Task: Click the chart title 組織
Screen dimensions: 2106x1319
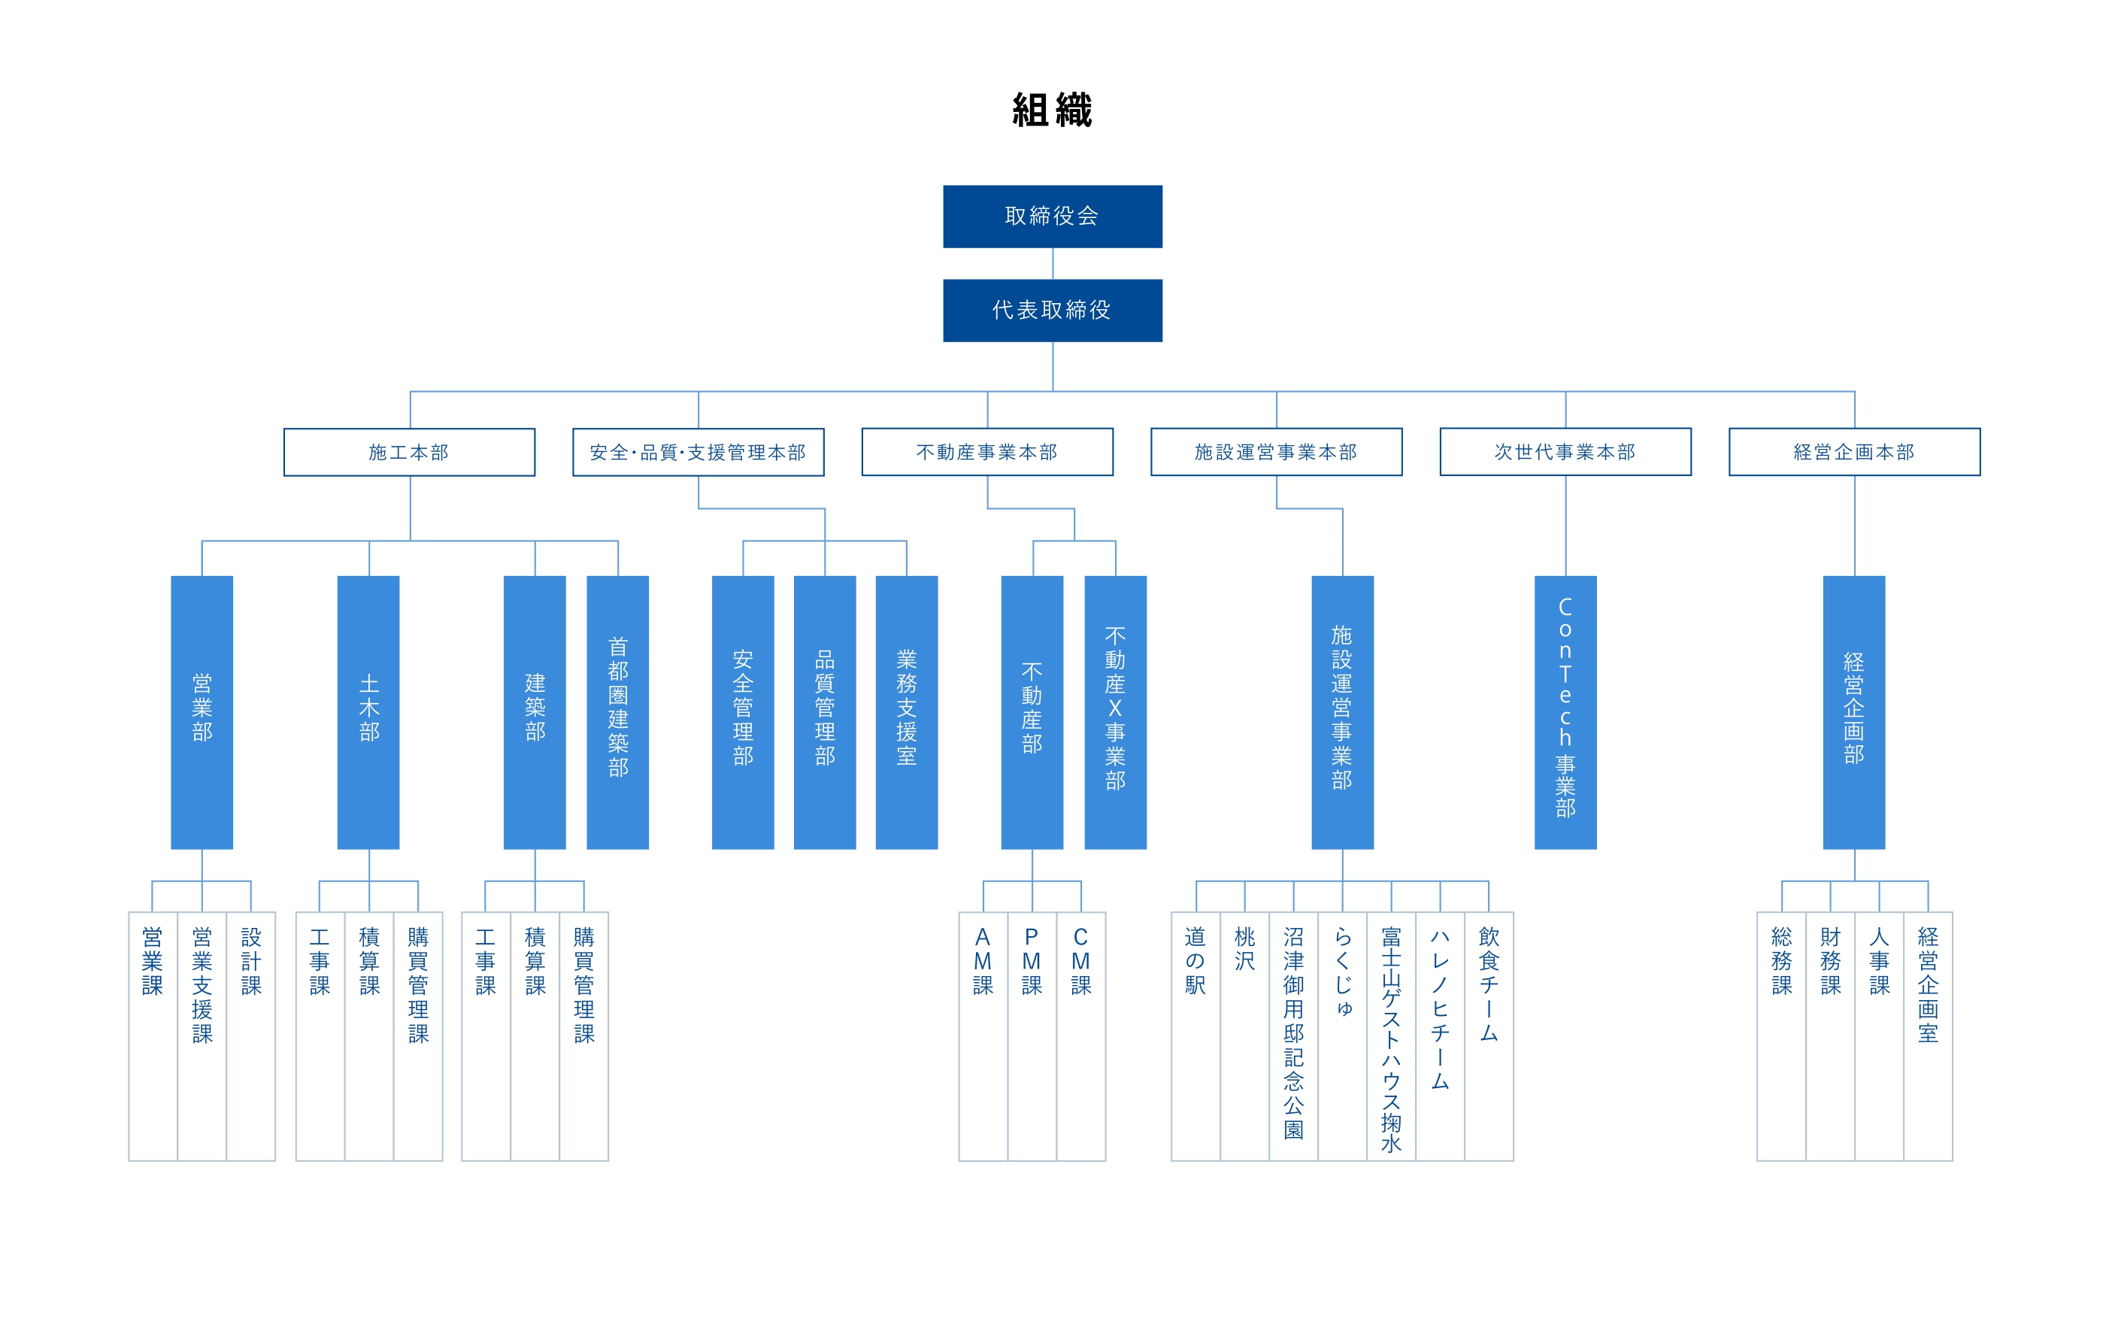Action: (1052, 111)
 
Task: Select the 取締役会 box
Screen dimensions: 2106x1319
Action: (1053, 217)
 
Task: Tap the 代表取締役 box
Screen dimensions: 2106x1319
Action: (1053, 311)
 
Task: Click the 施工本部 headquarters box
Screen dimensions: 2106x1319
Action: (409, 452)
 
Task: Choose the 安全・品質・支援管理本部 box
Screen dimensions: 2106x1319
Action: (698, 452)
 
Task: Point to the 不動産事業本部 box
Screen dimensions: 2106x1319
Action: (987, 452)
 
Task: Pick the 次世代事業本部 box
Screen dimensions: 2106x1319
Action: (1565, 452)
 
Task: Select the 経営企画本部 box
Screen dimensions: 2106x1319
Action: (1854, 452)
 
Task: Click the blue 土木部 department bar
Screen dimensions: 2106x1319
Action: (369, 712)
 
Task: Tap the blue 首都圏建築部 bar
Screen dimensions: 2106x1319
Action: (617, 712)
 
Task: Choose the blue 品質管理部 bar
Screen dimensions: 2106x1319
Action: (825, 712)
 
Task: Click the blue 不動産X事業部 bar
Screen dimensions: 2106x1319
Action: (1115, 712)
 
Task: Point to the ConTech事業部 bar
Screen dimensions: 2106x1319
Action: (1565, 712)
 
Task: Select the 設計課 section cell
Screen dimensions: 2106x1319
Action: (251, 1036)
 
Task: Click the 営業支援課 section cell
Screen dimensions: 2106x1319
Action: (202, 1036)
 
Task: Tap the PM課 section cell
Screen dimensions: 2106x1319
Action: (1032, 1036)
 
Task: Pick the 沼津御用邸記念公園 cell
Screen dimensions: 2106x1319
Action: (1293, 1036)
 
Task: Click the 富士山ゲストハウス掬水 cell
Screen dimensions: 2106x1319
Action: (1391, 1036)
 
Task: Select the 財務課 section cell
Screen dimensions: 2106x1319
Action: (1830, 1036)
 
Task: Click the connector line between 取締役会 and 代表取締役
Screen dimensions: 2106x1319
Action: (1053, 263)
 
